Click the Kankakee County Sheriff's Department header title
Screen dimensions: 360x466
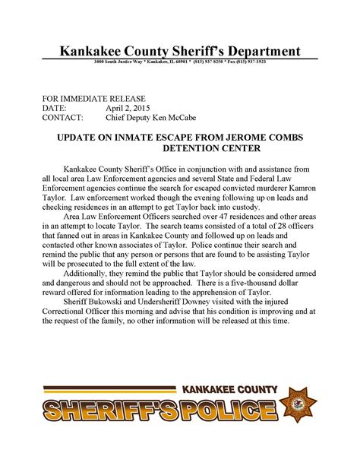click(180, 51)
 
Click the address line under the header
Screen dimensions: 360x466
click(180, 62)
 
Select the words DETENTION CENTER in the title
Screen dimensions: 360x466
click(179, 151)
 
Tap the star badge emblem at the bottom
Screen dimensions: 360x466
click(299, 405)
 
